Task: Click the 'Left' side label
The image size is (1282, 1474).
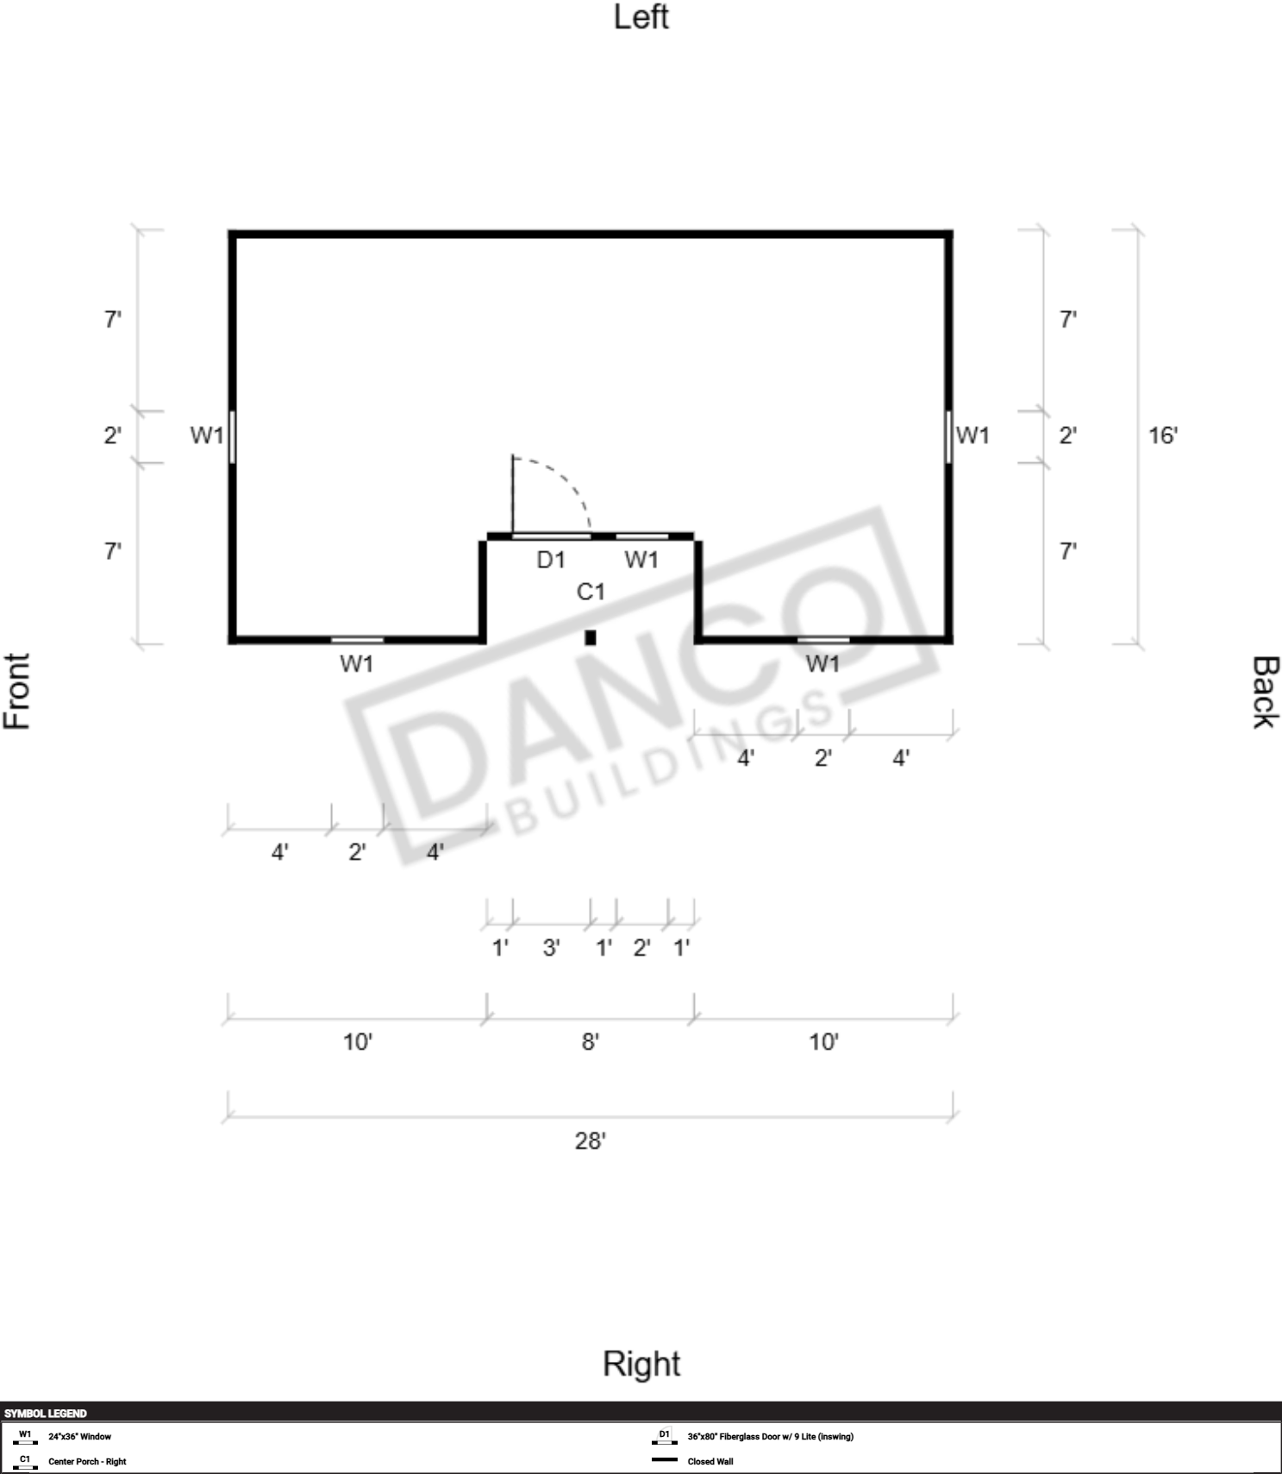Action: tap(641, 17)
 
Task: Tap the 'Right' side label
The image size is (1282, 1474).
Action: tap(641, 1364)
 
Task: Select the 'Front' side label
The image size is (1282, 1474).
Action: tap(17, 691)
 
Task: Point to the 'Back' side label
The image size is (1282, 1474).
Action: tap(1265, 692)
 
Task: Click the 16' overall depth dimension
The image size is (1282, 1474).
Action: tap(1163, 435)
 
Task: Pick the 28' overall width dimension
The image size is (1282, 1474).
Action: tap(591, 1141)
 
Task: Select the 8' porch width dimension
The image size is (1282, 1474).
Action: tap(591, 1042)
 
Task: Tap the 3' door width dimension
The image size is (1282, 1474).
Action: tap(552, 948)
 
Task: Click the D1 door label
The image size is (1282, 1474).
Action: tap(551, 560)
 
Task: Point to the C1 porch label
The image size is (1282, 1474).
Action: tap(591, 592)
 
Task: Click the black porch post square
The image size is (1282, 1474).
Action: tap(591, 637)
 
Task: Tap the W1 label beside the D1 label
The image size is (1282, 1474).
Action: tap(641, 560)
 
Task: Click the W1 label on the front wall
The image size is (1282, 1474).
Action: tap(207, 436)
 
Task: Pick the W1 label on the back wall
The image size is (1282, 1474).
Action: tap(972, 436)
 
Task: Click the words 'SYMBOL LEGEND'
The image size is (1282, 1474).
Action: tap(46, 1413)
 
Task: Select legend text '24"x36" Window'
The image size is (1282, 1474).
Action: tap(79, 1436)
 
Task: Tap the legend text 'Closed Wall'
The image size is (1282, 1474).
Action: tap(710, 1461)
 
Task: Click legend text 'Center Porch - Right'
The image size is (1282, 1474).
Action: tap(87, 1461)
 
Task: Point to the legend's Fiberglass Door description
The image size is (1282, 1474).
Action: tap(771, 1436)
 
